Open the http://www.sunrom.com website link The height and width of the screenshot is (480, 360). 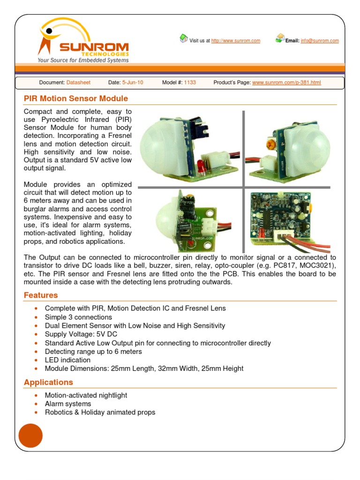[x=235, y=41]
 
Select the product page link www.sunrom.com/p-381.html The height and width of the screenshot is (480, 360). [x=286, y=82]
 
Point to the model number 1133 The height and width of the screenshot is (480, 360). [x=190, y=82]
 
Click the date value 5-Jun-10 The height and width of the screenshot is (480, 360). [x=133, y=82]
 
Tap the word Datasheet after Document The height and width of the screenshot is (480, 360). [x=78, y=82]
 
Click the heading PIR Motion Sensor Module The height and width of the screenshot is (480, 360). [x=76, y=98]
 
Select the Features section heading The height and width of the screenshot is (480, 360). [x=41, y=295]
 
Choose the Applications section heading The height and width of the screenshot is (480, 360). [x=48, y=382]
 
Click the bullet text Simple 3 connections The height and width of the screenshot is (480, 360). [x=78, y=317]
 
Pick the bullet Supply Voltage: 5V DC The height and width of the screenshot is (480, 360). [x=81, y=334]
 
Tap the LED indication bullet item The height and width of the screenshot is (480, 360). [x=67, y=360]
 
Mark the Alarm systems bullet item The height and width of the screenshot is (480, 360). [x=68, y=404]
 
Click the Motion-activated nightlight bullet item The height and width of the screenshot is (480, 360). [x=86, y=395]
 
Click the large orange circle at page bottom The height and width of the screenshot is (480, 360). [x=30, y=435]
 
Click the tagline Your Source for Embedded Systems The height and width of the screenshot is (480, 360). [x=83, y=60]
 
